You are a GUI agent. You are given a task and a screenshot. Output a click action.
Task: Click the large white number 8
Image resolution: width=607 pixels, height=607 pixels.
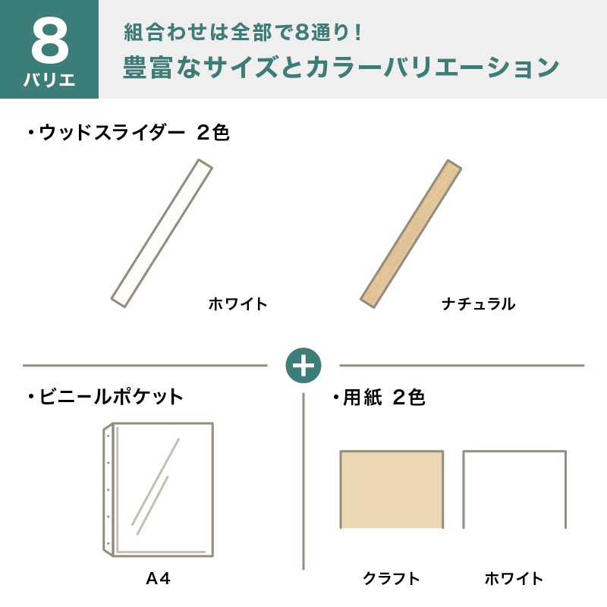pyautogui.click(x=50, y=42)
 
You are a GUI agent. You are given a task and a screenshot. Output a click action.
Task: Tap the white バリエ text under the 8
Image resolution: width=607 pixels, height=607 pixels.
pyautogui.click(x=49, y=80)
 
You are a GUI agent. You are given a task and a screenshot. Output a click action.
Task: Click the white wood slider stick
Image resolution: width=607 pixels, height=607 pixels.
pyautogui.click(x=162, y=234)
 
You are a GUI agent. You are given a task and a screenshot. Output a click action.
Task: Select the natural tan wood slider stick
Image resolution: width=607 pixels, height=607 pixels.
pyautogui.click(x=410, y=234)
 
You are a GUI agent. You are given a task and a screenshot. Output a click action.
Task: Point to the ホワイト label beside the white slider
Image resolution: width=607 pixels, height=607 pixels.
pyautogui.click(x=237, y=304)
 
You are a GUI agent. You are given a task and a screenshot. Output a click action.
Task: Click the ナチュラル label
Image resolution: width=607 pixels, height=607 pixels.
pyautogui.click(x=479, y=304)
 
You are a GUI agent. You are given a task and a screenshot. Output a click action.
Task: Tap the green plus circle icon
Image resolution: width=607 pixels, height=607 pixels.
pyautogui.click(x=303, y=366)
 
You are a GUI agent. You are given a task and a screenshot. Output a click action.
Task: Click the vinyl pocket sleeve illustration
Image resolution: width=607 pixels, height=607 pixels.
pyautogui.click(x=159, y=489)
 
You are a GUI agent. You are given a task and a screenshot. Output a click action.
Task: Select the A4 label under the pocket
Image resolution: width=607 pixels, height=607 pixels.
pyautogui.click(x=158, y=579)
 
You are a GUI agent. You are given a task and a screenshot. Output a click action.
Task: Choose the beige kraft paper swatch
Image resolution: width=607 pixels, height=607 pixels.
pyautogui.click(x=392, y=489)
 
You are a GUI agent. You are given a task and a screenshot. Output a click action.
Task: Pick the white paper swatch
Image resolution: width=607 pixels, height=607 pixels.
pyautogui.click(x=514, y=489)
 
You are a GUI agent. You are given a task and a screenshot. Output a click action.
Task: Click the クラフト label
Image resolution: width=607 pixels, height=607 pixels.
pyautogui.click(x=392, y=579)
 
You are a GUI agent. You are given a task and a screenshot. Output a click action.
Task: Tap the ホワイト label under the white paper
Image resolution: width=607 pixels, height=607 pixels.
pyautogui.click(x=514, y=579)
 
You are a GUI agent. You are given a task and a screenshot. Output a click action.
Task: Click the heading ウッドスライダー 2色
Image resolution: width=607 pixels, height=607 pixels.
pyautogui.click(x=129, y=133)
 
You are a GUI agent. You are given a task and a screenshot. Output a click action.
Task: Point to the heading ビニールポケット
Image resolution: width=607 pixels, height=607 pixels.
pyautogui.click(x=105, y=397)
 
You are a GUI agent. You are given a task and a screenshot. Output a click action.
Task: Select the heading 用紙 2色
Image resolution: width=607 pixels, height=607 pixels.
pyautogui.click(x=379, y=397)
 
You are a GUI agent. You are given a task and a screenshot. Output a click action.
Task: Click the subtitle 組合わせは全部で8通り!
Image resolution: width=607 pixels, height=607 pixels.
pyautogui.click(x=244, y=33)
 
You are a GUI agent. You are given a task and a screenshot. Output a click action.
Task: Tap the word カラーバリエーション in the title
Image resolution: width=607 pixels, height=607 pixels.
pyautogui.click(x=432, y=67)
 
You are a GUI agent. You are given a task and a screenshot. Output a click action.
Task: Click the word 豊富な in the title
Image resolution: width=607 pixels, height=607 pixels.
pyautogui.click(x=162, y=67)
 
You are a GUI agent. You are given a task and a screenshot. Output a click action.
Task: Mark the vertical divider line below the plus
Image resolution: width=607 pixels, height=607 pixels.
pyautogui.click(x=303, y=482)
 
